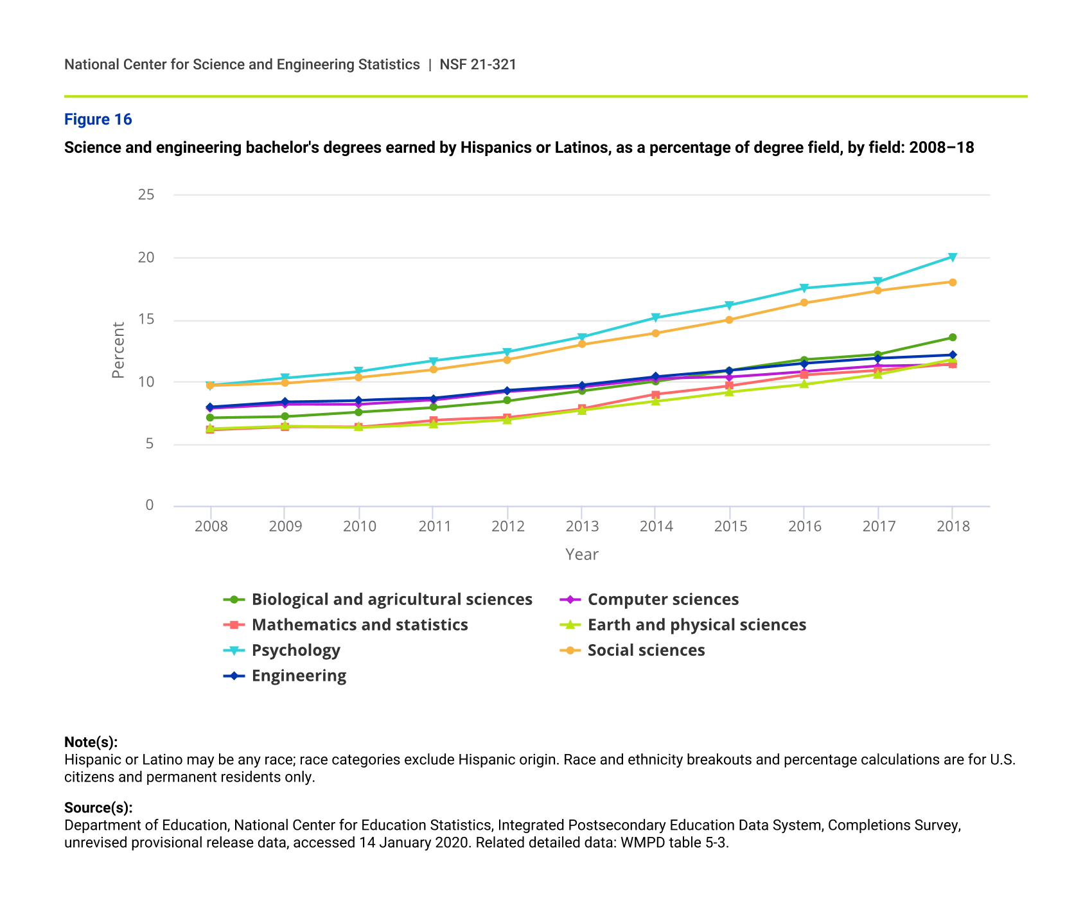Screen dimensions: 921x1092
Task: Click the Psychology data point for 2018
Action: point(953,258)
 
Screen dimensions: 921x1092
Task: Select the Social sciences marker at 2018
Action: point(953,283)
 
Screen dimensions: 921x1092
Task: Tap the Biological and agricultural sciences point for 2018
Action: point(953,338)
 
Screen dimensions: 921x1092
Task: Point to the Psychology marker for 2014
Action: point(656,318)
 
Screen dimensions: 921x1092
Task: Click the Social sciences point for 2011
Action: point(433,370)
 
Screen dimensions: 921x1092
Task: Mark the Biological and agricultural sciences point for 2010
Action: point(359,412)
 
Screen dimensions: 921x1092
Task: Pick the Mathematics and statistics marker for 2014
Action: point(656,395)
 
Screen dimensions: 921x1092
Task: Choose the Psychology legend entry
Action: point(295,651)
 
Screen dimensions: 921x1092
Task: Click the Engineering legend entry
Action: point(299,676)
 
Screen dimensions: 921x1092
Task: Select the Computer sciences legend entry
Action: point(663,600)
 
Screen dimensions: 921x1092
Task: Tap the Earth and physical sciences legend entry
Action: point(696,626)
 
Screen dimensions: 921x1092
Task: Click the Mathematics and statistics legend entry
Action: point(359,626)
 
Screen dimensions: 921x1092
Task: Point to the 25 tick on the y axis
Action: point(146,195)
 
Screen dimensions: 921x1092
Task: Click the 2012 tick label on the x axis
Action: point(507,527)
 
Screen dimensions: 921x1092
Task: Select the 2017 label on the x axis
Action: point(879,527)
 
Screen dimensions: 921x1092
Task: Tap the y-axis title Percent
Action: point(118,350)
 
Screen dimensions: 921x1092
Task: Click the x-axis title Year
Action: point(582,555)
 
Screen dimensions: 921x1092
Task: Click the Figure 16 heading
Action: point(98,119)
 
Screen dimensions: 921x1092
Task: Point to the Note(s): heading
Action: point(91,742)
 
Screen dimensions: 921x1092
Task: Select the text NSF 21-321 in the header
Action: point(478,65)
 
